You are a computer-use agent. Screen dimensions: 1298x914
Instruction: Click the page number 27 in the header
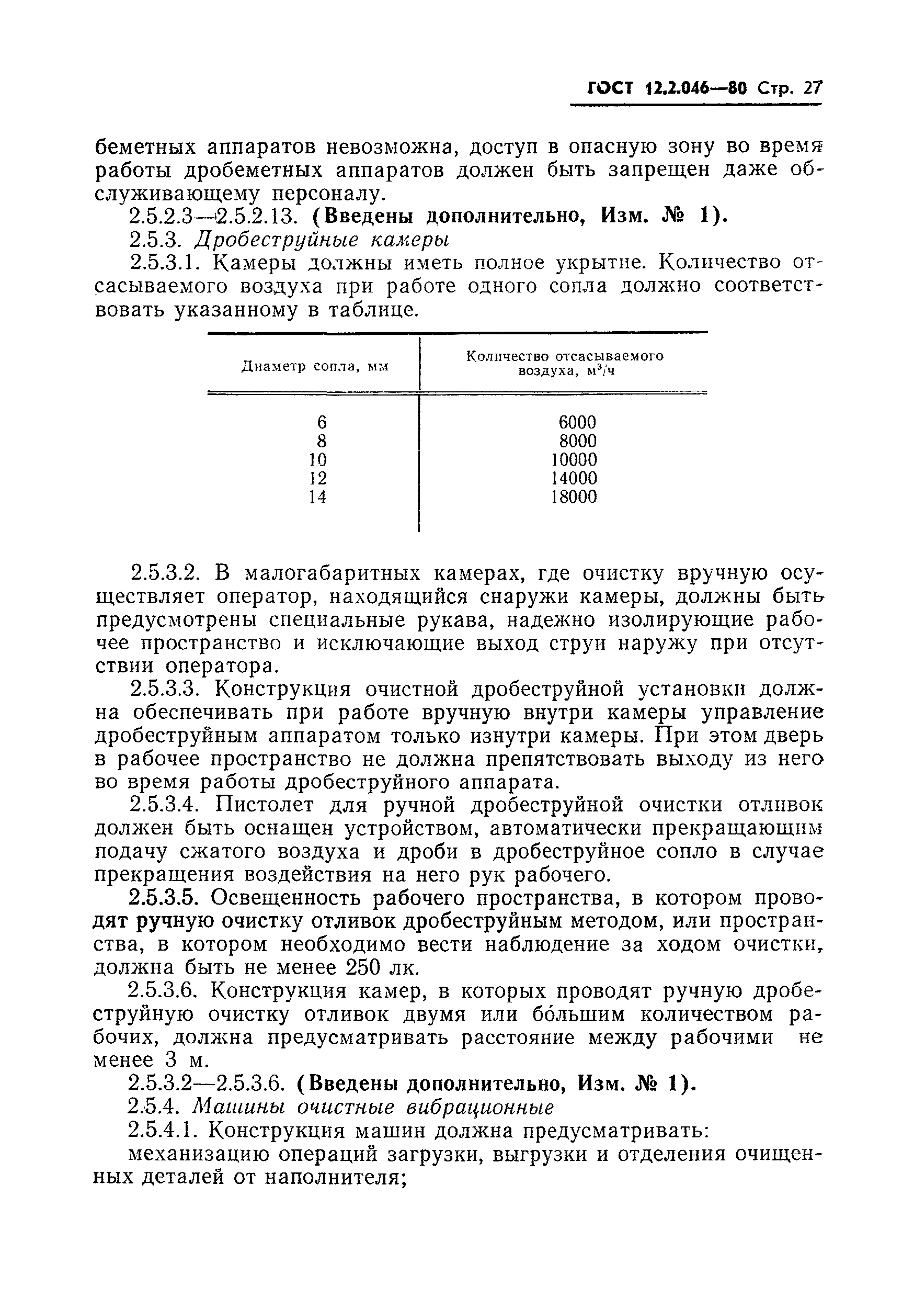coord(813,89)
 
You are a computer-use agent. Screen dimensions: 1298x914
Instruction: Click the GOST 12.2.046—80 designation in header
coord(667,89)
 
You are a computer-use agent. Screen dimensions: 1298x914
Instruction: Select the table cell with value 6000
coord(577,422)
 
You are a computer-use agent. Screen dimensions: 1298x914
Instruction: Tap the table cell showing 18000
coord(574,497)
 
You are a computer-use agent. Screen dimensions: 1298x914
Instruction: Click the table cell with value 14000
coord(574,478)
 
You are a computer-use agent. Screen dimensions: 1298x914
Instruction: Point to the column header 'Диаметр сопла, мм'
coord(315,366)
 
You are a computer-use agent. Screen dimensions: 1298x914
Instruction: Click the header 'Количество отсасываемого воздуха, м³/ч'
coord(564,364)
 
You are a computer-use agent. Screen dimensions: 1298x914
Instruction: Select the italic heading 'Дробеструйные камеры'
coord(322,240)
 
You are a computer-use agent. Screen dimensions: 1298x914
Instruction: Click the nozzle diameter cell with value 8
coord(322,441)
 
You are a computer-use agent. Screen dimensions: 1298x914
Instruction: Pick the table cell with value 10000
coord(574,460)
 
